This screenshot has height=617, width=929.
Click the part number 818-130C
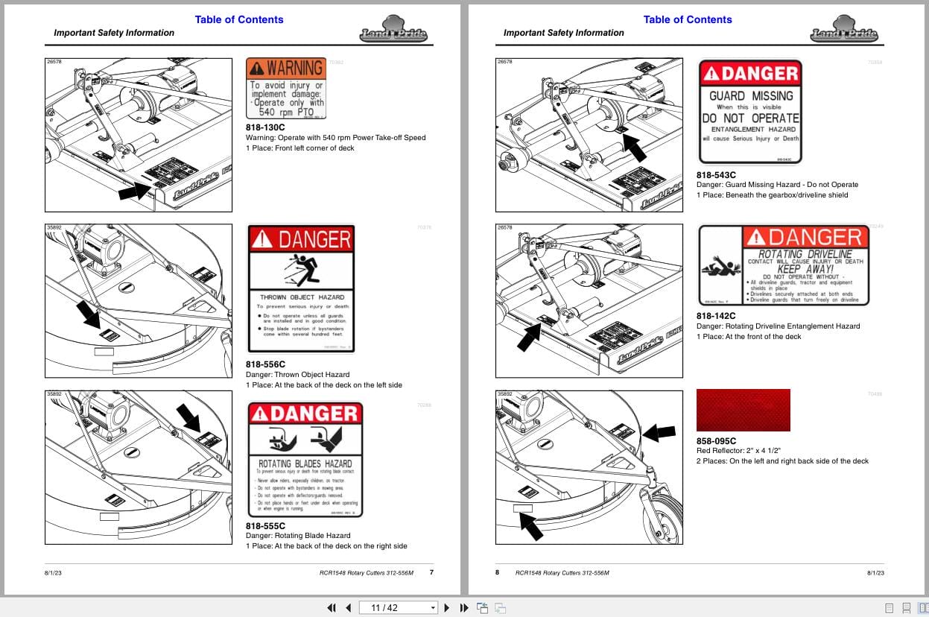coord(265,127)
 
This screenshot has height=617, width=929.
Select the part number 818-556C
coord(265,364)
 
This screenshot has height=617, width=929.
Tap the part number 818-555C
coord(265,525)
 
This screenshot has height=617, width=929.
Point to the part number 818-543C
coord(715,174)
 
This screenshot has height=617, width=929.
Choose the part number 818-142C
coord(715,316)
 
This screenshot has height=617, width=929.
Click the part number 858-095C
coord(715,440)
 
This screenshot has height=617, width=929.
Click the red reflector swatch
coord(743,410)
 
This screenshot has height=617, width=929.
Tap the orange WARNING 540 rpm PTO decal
coord(286,89)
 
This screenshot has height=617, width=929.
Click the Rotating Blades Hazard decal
coord(305,460)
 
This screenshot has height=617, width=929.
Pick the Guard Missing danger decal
coord(749,112)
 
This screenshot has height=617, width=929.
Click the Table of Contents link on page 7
coord(239,19)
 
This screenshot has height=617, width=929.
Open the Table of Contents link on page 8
coord(688,19)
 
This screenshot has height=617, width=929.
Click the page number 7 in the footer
coord(431,572)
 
